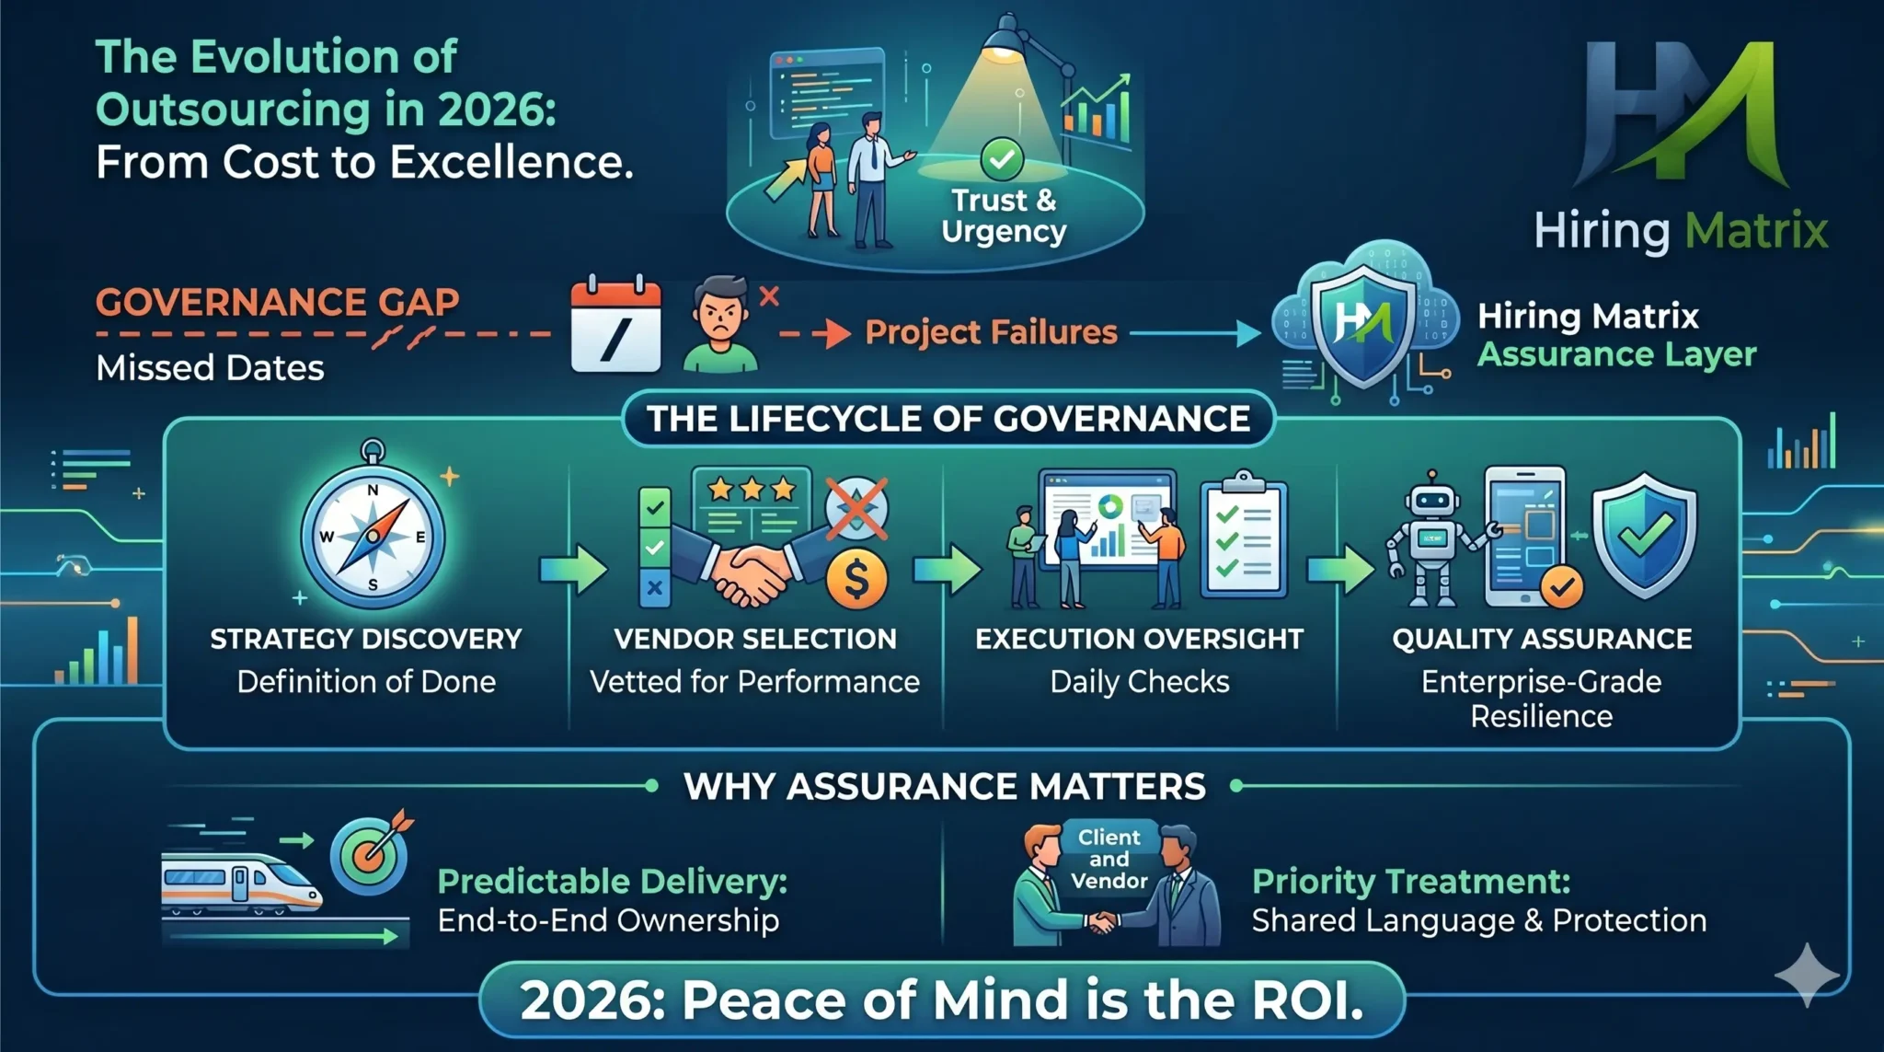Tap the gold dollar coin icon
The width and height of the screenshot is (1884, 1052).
[x=856, y=580]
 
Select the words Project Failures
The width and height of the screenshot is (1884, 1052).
[x=991, y=332]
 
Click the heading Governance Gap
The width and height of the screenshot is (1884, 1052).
[x=277, y=302]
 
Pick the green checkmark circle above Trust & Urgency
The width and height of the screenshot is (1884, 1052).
[x=1002, y=159]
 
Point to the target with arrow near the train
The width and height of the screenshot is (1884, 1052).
[x=371, y=852]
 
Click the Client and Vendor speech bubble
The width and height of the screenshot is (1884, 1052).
[x=1109, y=858]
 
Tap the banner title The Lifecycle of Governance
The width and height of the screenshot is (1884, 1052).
[x=948, y=420]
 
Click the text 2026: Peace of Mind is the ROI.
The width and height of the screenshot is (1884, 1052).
[x=942, y=1000]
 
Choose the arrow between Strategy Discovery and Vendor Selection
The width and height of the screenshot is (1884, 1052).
[x=572, y=568]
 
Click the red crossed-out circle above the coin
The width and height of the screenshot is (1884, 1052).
[x=856, y=509]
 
